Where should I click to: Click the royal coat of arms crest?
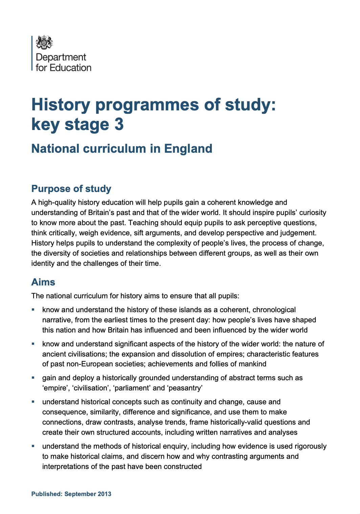pyautogui.click(x=44, y=43)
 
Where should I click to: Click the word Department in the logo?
pyautogui.click(x=61, y=57)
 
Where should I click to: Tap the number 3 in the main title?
pyautogui.click(x=119, y=124)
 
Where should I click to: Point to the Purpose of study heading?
pyautogui.click(x=71, y=189)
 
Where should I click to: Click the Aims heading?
pyautogui.click(x=43, y=282)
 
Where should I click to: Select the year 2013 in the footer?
pyautogui.click(x=105, y=494)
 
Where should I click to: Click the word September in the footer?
pyautogui.click(x=80, y=494)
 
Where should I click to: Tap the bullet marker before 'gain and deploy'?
pyautogui.click(x=33, y=377)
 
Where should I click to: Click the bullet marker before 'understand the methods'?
pyautogui.click(x=33, y=446)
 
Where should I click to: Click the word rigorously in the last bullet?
pyautogui.click(x=310, y=446)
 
